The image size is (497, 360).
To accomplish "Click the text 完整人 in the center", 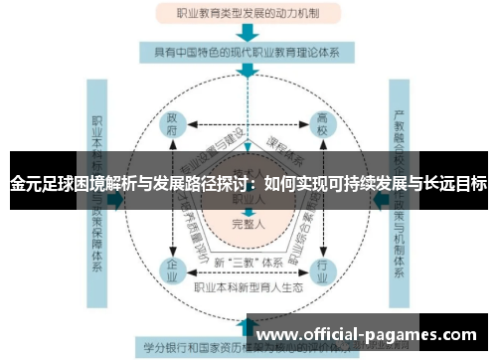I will click(247, 226).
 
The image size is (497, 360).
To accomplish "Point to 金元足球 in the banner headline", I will click(40, 183).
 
